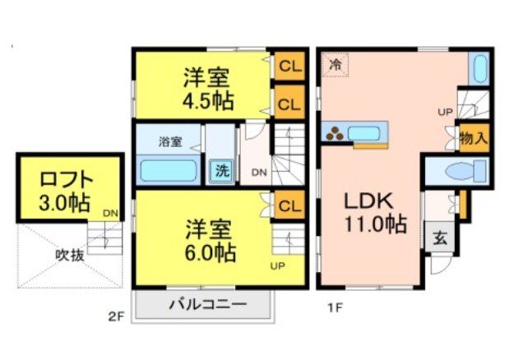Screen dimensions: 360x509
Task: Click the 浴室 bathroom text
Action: pyautogui.click(x=171, y=141)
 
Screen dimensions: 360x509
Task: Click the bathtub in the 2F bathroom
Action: pyautogui.click(x=168, y=171)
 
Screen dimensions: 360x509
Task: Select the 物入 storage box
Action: pyautogui.click(x=473, y=136)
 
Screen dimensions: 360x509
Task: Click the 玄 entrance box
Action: pyautogui.click(x=440, y=239)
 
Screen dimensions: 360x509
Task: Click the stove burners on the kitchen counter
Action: pyautogui.click(x=335, y=133)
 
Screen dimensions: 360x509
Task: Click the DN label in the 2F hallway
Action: pyautogui.click(x=258, y=173)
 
